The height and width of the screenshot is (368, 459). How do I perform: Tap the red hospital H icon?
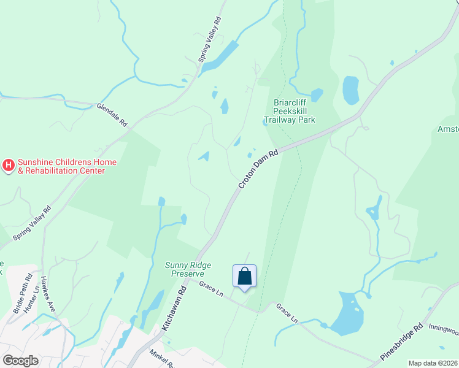[x=9, y=165]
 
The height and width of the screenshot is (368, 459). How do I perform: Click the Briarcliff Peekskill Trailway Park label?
[x=294, y=111]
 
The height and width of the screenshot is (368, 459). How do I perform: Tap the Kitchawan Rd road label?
[x=174, y=312]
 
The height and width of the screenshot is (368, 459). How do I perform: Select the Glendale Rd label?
[x=112, y=115]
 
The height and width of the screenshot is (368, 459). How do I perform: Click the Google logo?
[x=20, y=361]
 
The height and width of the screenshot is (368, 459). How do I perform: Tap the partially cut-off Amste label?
[x=447, y=129]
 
